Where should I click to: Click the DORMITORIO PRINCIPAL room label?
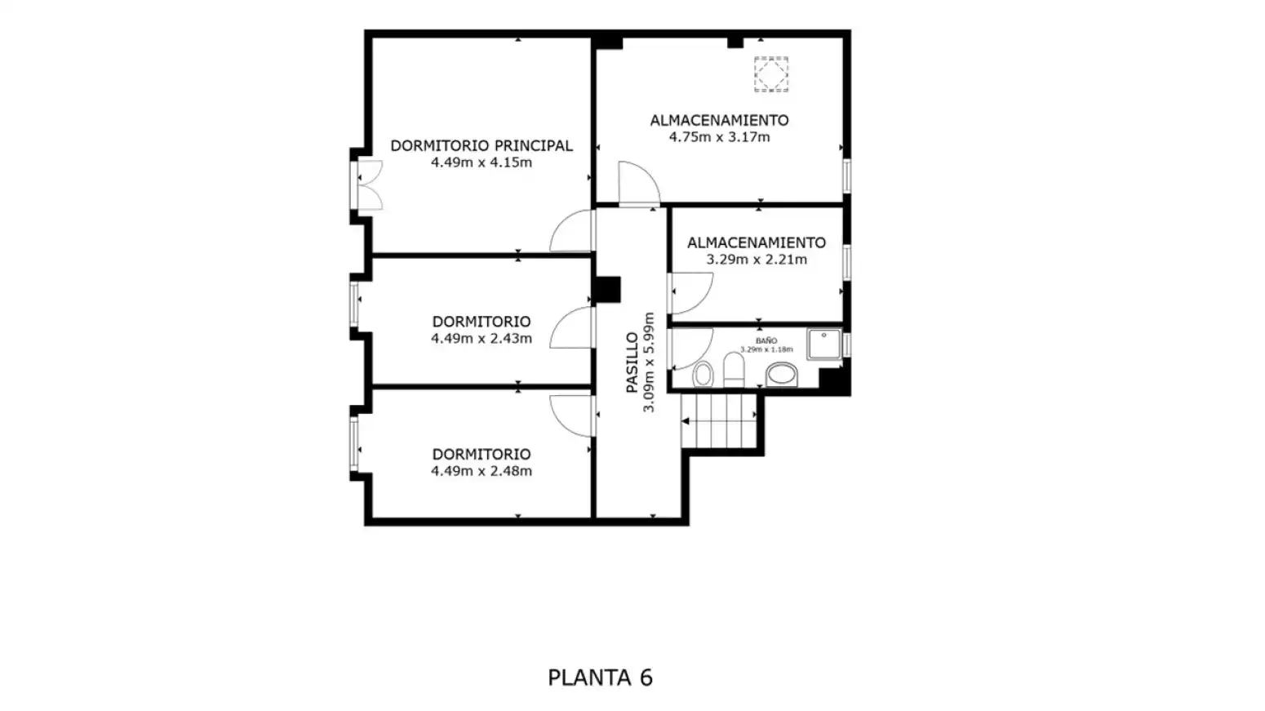482,145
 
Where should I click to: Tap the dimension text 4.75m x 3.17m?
719,137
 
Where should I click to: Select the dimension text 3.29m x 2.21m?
757,260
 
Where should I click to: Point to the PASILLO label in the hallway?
632,362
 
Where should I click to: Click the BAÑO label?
766,341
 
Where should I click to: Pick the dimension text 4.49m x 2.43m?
482,339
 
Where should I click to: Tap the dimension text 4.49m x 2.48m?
482,472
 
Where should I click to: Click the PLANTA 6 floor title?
601,677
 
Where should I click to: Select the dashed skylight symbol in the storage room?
771,74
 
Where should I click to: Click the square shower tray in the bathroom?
824,344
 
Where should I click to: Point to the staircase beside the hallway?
719,421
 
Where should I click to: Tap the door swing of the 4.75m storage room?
639,184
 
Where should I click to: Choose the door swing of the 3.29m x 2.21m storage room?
691,293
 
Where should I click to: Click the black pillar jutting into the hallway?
607,290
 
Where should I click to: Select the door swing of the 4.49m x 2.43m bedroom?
571,327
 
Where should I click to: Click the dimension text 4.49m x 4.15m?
482,162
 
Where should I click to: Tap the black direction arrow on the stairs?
686,421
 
